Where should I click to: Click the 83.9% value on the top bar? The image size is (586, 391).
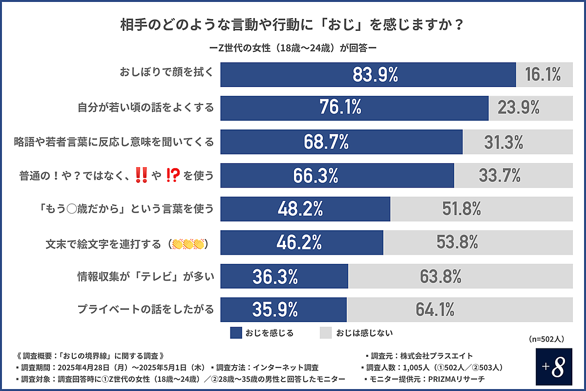click(375, 75)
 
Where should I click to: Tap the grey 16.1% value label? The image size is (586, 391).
click(543, 75)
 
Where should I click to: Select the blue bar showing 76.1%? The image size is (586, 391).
click(354, 108)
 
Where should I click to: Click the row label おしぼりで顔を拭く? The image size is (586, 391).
click(167, 73)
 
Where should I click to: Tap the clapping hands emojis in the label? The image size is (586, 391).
click(188, 243)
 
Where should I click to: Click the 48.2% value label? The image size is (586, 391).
click(300, 209)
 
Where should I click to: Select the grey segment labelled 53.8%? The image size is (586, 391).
click(459, 243)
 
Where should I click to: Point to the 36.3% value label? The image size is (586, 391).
click(275, 277)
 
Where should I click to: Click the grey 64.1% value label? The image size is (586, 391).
click(435, 310)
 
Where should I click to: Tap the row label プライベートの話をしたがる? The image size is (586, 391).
click(146, 309)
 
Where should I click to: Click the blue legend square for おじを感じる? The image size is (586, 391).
click(236, 333)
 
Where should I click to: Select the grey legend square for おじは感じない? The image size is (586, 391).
click(326, 333)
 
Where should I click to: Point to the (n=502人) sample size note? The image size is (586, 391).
click(546, 338)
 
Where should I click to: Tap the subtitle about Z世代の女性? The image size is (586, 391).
click(293, 48)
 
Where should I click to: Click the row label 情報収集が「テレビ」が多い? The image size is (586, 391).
click(146, 277)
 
